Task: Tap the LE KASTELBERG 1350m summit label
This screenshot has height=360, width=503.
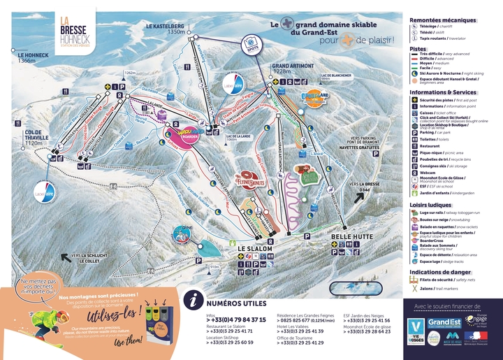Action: [x=166, y=29]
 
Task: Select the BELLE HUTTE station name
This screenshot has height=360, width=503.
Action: [x=349, y=237]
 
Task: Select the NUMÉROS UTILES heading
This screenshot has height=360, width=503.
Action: [x=238, y=303]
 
